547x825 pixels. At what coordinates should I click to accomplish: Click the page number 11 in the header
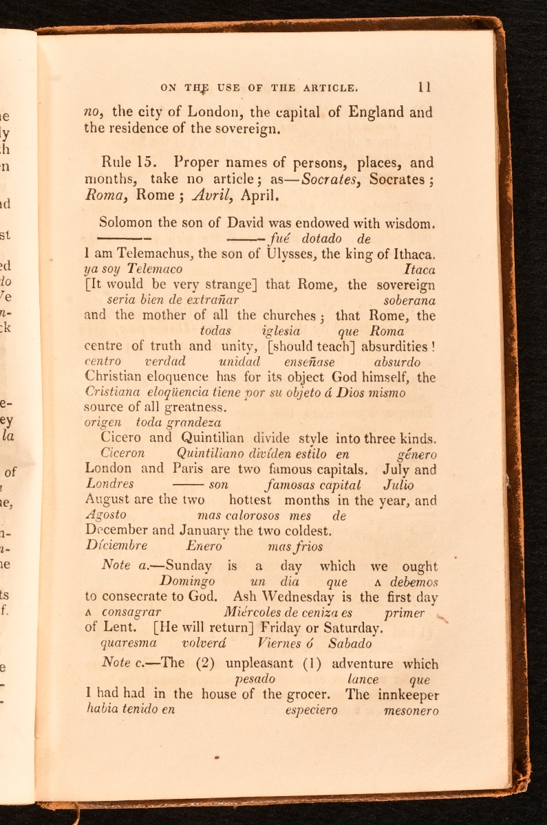pos(424,87)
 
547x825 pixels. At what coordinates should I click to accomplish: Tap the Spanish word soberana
pos(409,300)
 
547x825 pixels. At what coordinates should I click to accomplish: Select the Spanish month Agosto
pos(107,515)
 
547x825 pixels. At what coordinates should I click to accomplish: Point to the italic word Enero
pos(204,546)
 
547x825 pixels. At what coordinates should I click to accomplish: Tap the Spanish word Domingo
pos(183,582)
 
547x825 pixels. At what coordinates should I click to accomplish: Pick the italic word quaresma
pos(129,644)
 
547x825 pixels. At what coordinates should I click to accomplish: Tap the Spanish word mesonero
pos(411,710)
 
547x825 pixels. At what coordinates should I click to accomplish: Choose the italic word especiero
pos(311,710)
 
